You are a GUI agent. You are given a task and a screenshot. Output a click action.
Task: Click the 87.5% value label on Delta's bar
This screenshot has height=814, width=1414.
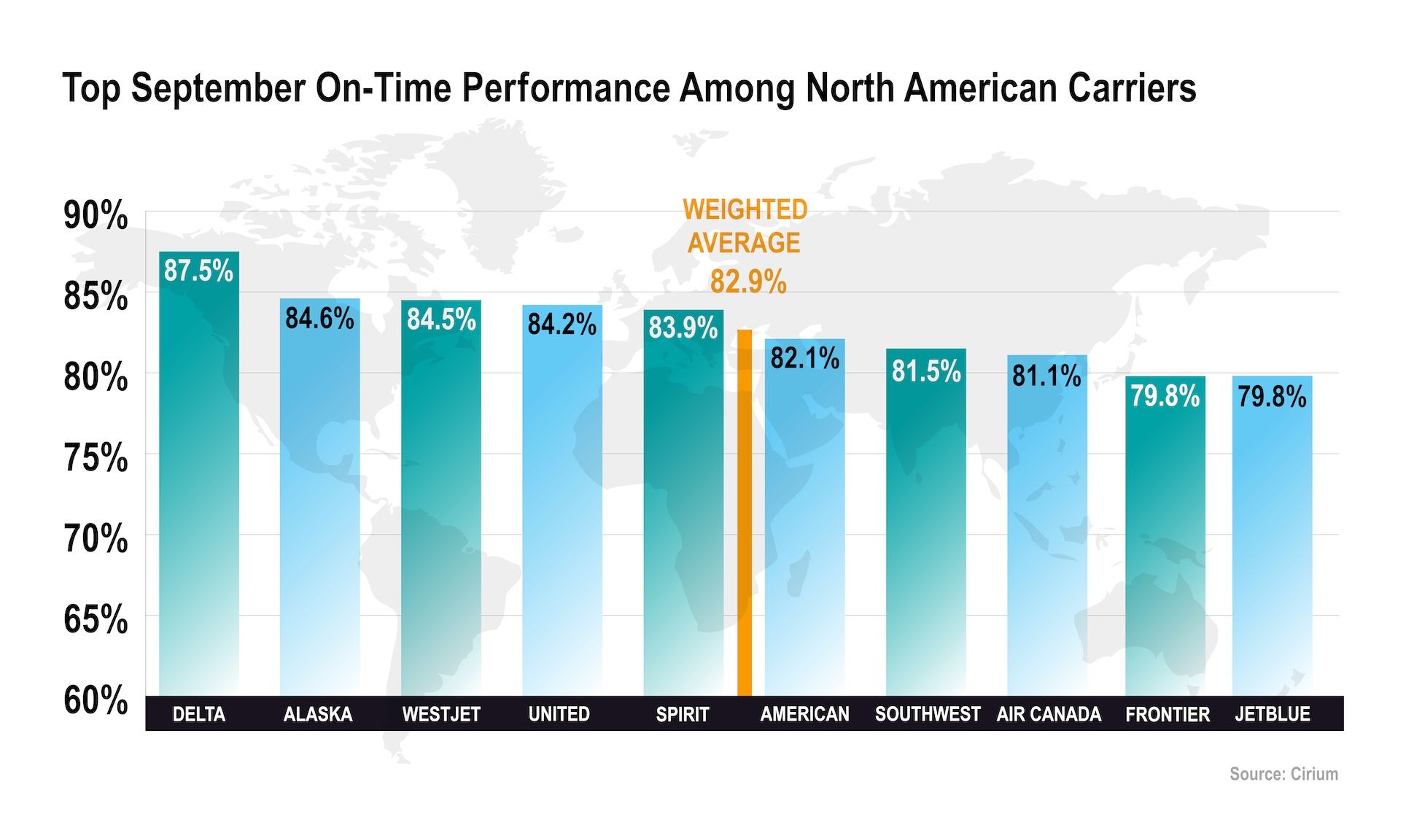tap(198, 271)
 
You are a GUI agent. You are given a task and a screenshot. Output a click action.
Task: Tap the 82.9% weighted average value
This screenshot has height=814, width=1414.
tap(748, 282)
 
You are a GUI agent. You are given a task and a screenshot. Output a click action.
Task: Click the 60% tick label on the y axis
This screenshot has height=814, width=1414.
tap(96, 699)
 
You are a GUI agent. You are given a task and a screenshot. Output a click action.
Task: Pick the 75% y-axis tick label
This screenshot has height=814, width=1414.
tap(96, 458)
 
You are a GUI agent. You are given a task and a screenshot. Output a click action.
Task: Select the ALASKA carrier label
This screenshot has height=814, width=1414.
tap(318, 714)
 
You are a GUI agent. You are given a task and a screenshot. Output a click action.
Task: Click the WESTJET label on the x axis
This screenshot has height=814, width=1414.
tap(441, 714)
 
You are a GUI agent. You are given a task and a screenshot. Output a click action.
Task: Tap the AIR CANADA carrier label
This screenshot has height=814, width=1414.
tap(1049, 714)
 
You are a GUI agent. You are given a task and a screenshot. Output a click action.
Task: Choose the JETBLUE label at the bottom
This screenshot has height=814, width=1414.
tap(1273, 714)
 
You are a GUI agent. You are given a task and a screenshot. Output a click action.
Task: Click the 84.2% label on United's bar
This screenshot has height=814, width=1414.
tap(562, 325)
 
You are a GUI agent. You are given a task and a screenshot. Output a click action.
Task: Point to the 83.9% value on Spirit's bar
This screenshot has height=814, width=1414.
tap(683, 327)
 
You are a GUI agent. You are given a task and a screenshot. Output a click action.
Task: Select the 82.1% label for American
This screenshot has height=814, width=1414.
tap(805, 358)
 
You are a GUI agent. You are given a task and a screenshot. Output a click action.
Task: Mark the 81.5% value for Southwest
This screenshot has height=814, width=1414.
tap(926, 371)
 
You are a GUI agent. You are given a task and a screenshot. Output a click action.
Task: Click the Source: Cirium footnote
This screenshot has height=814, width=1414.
tap(1283, 774)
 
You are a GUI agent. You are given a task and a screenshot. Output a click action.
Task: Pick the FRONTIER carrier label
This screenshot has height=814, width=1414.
tap(1168, 714)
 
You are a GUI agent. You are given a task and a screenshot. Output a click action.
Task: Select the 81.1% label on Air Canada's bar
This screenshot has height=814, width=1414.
tap(1046, 376)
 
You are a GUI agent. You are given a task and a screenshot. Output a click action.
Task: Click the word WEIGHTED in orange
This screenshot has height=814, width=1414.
tap(745, 210)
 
